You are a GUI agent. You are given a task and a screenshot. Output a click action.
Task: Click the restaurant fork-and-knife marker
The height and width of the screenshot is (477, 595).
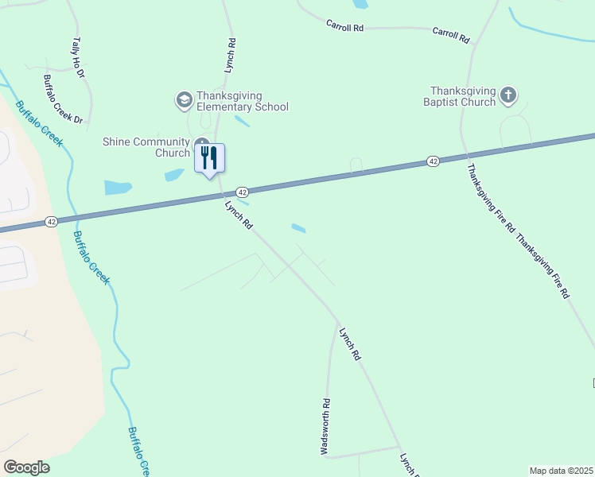tap(209, 157)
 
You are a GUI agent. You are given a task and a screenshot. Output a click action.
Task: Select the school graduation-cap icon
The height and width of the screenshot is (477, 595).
tap(184, 100)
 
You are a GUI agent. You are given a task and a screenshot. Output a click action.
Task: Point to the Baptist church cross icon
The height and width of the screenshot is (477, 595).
tap(508, 97)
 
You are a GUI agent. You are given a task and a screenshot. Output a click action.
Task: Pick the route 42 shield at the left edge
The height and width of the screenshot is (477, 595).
tap(51, 222)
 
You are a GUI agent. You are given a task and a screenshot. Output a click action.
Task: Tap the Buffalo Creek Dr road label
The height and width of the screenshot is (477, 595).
tap(63, 99)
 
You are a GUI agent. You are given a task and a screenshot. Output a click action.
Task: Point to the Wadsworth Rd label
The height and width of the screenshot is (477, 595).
tap(325, 426)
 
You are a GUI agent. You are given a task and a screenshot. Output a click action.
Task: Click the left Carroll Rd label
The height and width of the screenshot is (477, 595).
tap(344, 26)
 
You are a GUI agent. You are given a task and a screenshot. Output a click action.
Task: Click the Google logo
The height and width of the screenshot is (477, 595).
tap(26, 467)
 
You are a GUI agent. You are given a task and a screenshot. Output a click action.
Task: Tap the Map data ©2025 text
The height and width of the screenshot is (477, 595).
tap(561, 471)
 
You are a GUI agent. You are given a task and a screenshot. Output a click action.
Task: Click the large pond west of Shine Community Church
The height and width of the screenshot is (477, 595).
tap(118, 188)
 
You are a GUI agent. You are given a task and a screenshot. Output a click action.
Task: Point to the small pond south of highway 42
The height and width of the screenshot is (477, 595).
tap(299, 229)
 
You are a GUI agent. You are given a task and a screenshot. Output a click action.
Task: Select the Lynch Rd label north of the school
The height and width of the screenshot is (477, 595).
tap(229, 56)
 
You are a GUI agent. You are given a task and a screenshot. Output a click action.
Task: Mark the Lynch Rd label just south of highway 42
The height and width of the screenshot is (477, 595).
tap(239, 215)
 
